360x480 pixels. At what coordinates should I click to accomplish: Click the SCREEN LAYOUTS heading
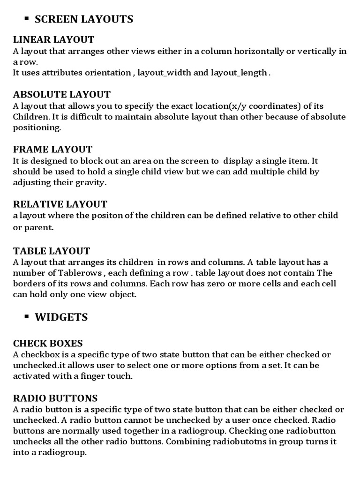(84, 19)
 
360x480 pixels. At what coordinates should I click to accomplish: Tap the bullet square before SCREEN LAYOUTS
(26, 18)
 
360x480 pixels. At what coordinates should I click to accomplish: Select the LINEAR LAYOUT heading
(53, 39)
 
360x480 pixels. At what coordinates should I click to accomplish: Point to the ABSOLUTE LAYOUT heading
(62, 94)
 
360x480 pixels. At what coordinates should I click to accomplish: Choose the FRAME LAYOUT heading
(52, 150)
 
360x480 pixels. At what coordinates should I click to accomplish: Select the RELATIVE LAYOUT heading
(60, 204)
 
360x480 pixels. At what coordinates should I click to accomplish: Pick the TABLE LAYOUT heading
(52, 251)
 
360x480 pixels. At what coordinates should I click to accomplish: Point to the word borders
(30, 284)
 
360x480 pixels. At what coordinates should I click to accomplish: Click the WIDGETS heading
(61, 317)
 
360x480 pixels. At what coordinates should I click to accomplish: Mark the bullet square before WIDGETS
(26, 316)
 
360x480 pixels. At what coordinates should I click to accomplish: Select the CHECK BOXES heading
(48, 344)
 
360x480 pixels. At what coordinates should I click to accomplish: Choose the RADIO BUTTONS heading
(55, 398)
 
